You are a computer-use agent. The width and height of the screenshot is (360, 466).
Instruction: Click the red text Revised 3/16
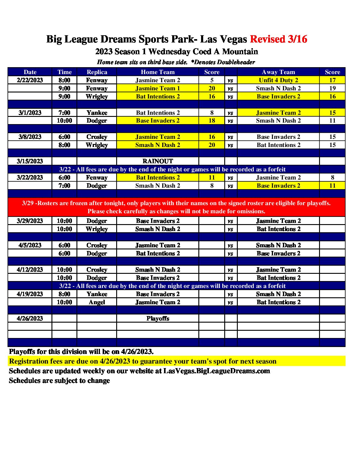[x=278, y=39]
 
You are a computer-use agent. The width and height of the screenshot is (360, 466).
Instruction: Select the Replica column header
[x=97, y=72]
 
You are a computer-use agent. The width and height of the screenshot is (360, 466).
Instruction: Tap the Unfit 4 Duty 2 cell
[x=278, y=80]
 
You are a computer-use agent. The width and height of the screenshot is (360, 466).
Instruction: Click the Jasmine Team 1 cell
[x=158, y=88]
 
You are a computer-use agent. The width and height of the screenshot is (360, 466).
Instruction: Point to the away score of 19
[x=332, y=88]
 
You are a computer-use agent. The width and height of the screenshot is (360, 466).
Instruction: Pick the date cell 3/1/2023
[x=30, y=113]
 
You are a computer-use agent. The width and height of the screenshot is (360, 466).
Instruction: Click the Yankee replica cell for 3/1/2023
[x=97, y=113]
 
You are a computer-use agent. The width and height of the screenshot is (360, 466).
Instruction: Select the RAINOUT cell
[x=158, y=161]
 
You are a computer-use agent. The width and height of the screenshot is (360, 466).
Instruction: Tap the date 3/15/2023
[x=30, y=161]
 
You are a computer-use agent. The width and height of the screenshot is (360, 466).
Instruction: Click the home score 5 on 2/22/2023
[x=212, y=80]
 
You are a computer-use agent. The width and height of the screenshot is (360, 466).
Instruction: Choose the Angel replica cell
[x=97, y=302]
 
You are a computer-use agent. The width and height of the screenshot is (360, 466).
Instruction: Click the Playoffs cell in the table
[x=158, y=318]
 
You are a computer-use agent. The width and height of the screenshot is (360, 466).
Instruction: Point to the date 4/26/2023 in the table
[x=30, y=318]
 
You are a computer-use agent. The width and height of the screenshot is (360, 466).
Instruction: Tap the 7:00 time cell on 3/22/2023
[x=64, y=186]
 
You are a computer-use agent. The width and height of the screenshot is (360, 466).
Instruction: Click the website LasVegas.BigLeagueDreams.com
[x=216, y=371]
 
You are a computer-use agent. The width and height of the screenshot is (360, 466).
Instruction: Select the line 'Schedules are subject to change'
[x=59, y=380]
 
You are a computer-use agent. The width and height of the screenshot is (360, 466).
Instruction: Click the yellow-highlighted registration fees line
[x=143, y=361]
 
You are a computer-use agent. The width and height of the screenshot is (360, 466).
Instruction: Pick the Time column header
[x=64, y=72]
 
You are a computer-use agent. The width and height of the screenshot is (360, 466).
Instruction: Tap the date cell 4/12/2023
[x=30, y=270]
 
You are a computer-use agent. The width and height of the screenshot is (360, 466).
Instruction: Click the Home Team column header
[x=158, y=72]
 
